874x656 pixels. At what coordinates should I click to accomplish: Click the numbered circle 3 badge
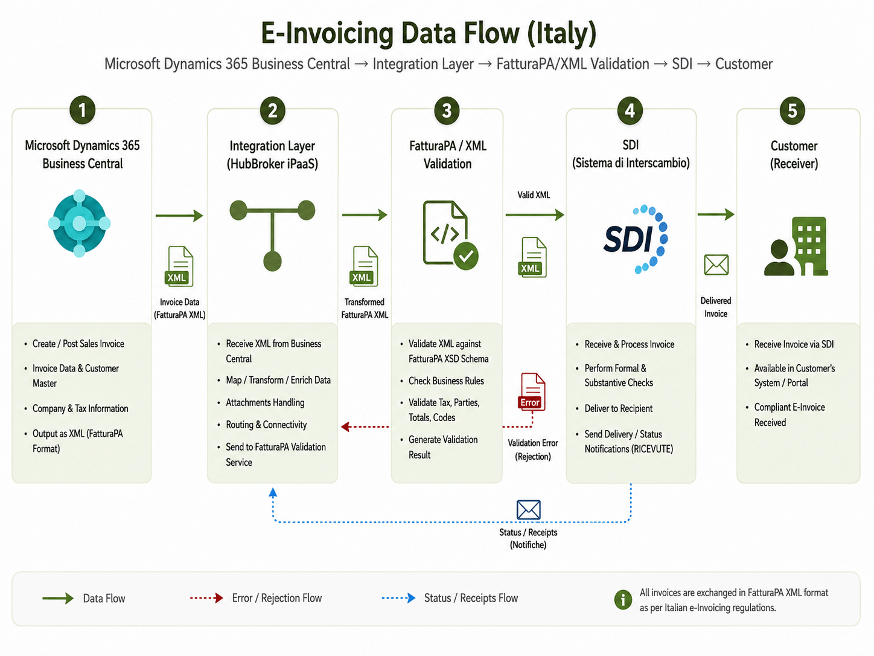(447, 111)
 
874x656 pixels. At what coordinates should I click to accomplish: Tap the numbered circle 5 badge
(792, 111)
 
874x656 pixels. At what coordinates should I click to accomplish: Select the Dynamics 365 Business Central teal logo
(79, 223)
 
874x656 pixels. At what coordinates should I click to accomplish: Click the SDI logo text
(628, 239)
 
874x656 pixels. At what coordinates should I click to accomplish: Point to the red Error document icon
(531, 391)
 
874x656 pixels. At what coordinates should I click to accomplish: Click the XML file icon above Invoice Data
(179, 266)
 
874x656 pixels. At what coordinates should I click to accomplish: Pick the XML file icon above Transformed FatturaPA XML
(363, 266)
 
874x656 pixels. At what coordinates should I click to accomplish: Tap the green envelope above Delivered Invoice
(716, 265)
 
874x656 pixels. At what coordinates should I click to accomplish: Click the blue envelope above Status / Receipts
(528, 510)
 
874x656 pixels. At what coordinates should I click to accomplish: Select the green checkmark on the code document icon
(466, 256)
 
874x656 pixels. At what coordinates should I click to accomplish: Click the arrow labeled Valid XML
(535, 214)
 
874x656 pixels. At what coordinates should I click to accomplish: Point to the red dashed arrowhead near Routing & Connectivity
(345, 426)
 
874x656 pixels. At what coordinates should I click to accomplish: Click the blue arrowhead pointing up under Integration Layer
(273, 493)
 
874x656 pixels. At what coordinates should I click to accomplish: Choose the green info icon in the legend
(623, 599)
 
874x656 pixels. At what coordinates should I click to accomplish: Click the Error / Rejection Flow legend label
(276, 598)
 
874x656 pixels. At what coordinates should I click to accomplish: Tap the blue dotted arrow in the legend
(398, 598)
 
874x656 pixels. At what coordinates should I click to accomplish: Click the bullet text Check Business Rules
(446, 381)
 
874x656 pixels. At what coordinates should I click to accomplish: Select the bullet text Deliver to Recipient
(618, 408)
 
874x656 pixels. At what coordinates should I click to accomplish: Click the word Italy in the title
(562, 33)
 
